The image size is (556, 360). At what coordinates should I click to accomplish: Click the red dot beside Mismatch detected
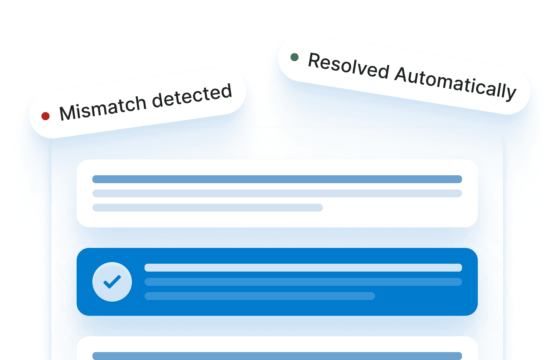click(x=45, y=116)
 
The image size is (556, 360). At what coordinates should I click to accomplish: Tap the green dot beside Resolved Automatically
click(x=295, y=57)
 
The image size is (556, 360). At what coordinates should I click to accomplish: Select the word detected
click(x=192, y=96)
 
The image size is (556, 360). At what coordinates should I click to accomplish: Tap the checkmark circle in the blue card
click(x=112, y=282)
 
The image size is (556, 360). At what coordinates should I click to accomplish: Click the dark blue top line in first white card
click(x=277, y=179)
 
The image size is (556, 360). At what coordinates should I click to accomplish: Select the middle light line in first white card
click(x=277, y=193)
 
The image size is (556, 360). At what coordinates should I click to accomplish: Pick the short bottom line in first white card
click(x=207, y=208)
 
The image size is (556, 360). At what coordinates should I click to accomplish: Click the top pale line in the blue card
click(x=303, y=268)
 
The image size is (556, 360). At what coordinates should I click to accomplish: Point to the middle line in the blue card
click(x=303, y=282)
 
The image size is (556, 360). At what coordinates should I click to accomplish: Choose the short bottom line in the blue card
click(x=259, y=296)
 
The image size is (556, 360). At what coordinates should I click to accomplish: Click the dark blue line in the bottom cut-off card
click(x=277, y=356)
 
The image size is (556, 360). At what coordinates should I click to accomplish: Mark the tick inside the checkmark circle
click(x=112, y=282)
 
